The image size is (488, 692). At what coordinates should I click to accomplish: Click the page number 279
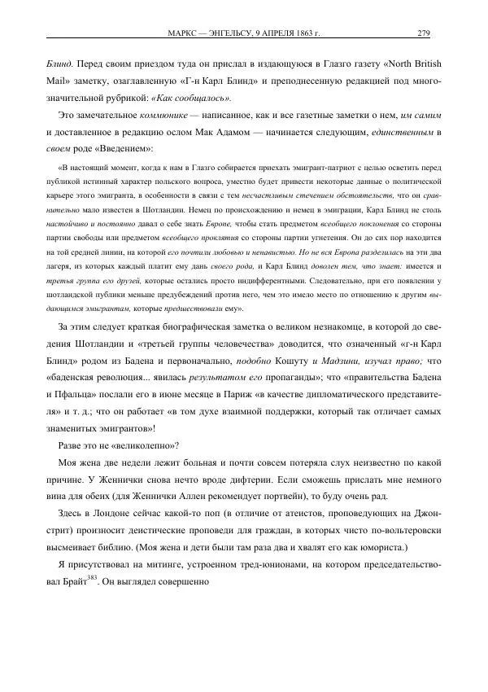423,33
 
